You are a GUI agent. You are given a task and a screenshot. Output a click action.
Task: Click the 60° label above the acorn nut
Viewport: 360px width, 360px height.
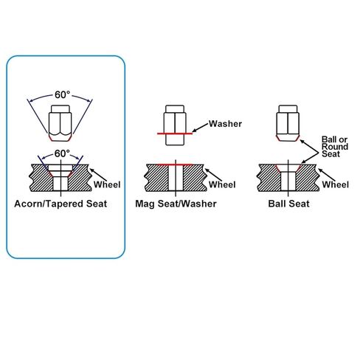62,94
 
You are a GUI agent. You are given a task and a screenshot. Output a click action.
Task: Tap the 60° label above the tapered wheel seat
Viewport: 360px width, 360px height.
62,153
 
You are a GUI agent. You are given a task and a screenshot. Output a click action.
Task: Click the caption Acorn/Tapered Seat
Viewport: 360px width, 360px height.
60,204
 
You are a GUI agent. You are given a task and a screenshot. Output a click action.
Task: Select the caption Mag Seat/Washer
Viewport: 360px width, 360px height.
176,204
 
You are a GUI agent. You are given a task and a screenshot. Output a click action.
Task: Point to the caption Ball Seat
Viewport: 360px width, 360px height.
288,204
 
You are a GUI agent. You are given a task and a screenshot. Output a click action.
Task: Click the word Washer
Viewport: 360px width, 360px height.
225,124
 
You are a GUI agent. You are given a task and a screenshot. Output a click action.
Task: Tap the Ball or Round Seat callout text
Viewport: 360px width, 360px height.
335,147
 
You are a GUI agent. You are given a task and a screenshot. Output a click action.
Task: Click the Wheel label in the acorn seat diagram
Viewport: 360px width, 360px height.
107,184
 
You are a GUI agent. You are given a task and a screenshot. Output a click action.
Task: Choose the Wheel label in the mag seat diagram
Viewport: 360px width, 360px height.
222,184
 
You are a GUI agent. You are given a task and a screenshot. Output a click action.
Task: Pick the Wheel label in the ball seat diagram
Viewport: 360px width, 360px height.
336,184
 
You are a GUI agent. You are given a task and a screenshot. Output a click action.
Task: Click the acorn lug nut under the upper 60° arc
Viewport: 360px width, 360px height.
60,123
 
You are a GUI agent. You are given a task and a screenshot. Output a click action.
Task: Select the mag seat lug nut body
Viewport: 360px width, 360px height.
175,125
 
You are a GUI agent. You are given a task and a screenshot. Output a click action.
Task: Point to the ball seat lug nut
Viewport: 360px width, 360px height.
288,123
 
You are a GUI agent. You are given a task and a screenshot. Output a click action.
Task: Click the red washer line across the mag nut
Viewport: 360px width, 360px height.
175,134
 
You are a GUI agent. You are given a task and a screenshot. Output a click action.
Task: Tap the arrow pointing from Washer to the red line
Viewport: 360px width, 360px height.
200,128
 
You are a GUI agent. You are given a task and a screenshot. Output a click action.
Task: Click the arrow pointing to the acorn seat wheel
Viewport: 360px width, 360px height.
98,175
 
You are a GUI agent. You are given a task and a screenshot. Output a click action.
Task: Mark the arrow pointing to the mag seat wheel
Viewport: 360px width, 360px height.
213,175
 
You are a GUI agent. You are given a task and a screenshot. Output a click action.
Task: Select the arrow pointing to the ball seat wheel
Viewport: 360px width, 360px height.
327,175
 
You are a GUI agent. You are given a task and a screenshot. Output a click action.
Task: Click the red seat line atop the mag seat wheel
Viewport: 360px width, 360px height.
175,165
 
